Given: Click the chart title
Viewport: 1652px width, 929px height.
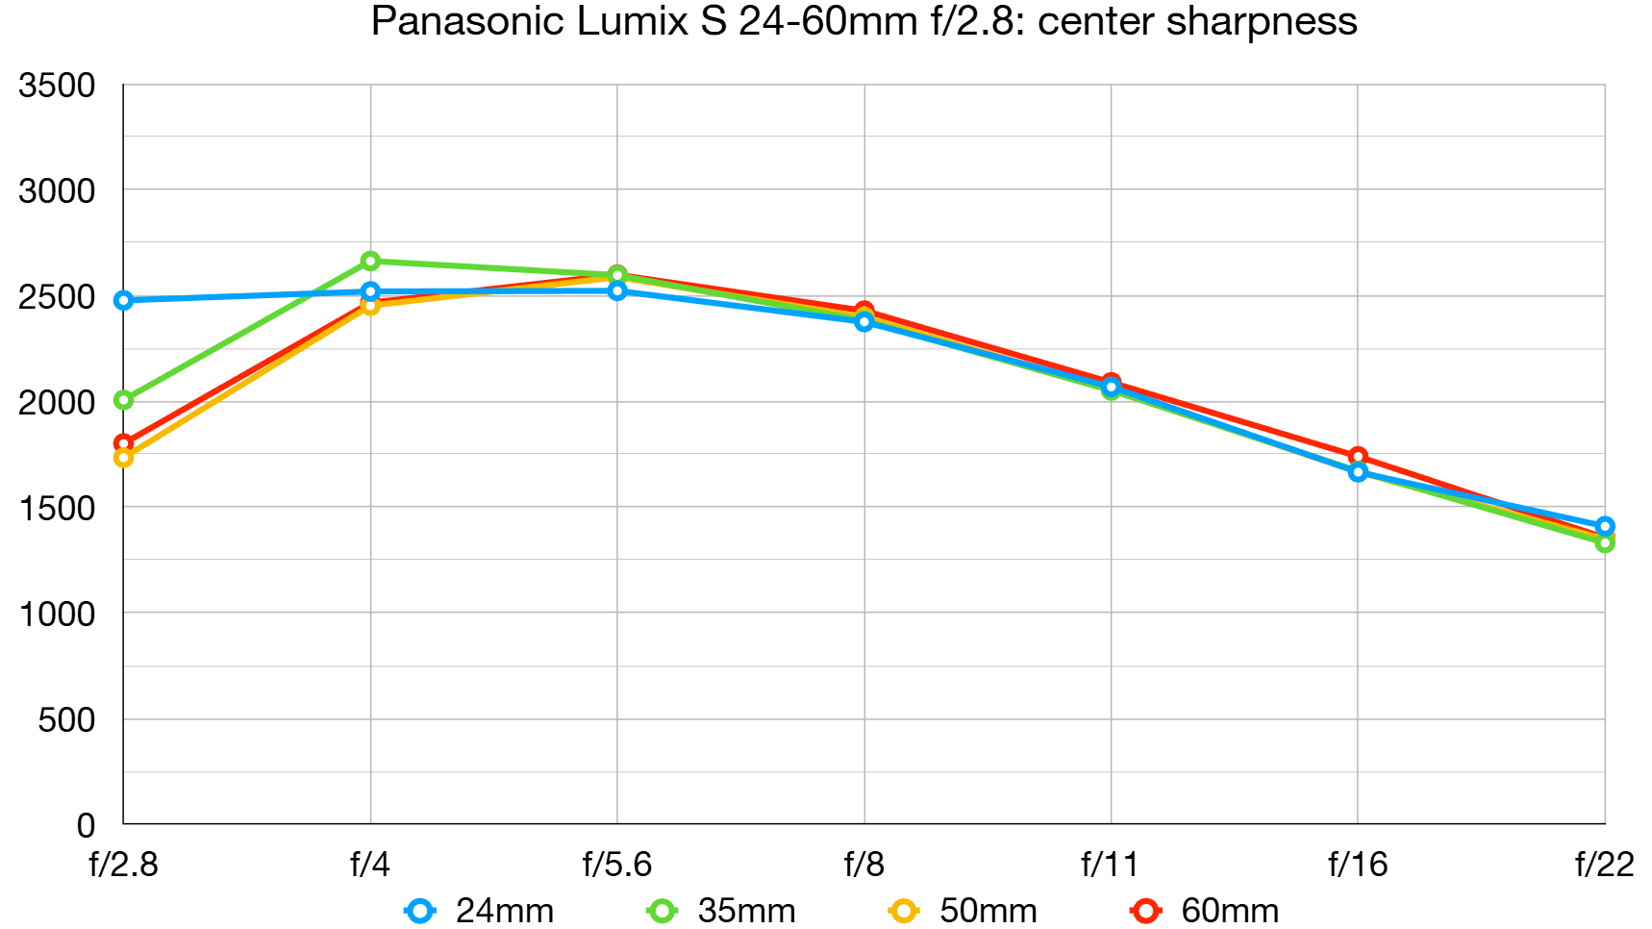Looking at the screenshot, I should [864, 21].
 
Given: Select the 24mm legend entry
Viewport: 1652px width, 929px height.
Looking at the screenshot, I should [481, 910].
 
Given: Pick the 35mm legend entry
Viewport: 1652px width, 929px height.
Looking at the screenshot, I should [723, 910].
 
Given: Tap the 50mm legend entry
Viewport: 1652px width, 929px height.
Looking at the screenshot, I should [964, 910].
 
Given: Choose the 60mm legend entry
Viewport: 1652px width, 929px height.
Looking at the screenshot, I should [1207, 910].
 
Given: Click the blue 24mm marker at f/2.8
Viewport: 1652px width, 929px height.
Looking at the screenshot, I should [123, 300].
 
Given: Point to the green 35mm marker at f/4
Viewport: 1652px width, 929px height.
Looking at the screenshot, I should [370, 261].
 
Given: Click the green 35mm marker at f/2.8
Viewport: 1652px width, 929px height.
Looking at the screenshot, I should [123, 399].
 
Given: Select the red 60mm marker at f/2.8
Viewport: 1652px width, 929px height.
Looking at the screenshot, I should [123, 443].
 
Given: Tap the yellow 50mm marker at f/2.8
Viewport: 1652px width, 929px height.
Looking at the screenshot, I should [123, 458].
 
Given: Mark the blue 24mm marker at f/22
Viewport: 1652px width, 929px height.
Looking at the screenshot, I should [1605, 526].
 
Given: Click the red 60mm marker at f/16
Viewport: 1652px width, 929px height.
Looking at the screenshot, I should [1358, 456].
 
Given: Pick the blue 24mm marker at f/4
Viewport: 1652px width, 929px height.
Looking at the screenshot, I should [370, 291].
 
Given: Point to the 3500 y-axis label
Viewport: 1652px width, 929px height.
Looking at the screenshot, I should [57, 86].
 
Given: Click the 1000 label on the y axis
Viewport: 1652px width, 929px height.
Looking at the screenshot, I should [57, 614].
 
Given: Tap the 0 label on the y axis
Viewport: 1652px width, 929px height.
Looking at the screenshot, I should [86, 825].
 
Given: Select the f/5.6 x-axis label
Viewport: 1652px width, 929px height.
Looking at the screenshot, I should [617, 865].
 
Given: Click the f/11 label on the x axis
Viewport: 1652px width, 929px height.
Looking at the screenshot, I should [1111, 865].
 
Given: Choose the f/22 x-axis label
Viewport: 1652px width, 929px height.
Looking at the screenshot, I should [1604, 865].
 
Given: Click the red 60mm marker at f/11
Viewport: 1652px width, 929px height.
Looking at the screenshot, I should [1111, 382].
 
